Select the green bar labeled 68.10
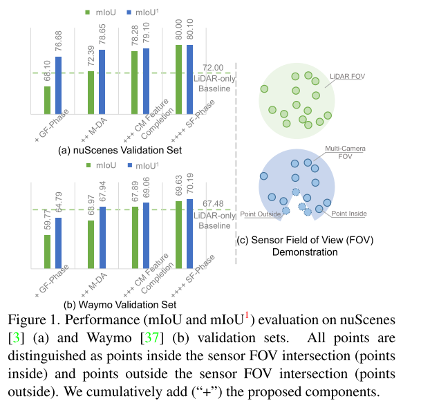(48, 100)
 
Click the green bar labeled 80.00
(178, 79)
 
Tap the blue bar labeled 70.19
(189, 233)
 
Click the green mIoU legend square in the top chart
(88, 12)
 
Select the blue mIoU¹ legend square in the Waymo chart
(131, 166)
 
